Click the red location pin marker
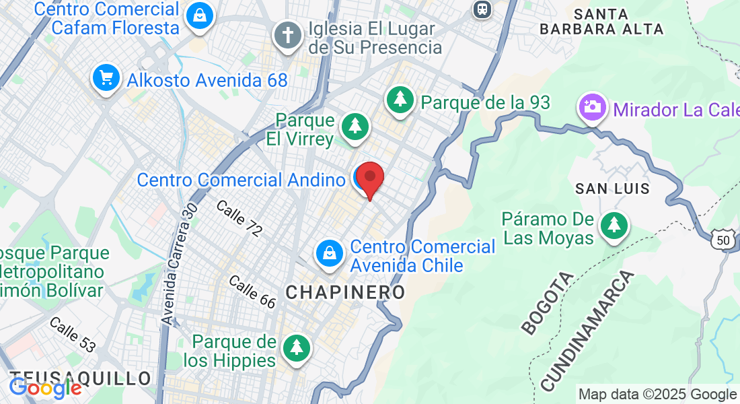[x=369, y=178]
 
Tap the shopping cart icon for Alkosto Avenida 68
[x=106, y=78]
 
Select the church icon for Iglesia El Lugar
[x=287, y=35]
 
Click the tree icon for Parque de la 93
[x=401, y=100]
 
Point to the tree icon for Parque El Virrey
[x=355, y=126]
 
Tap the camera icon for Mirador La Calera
[x=592, y=107]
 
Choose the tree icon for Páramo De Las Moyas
[x=614, y=225]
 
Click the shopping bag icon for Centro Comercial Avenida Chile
[x=330, y=254]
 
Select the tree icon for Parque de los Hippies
[x=295, y=348]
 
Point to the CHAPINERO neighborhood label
[x=346, y=292]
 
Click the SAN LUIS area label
[x=613, y=189]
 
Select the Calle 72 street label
[x=239, y=218]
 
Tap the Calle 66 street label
[x=252, y=292]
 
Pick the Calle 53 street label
[x=73, y=335]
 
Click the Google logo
[x=45, y=388]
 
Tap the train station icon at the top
[x=481, y=8]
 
